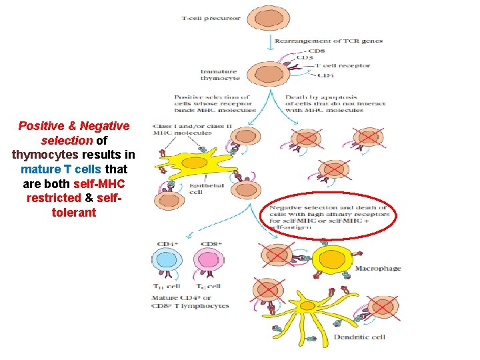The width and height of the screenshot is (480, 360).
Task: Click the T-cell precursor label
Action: pos(211,18)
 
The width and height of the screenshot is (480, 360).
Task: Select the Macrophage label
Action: pos(377,269)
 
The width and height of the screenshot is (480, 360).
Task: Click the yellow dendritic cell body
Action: pos(307,305)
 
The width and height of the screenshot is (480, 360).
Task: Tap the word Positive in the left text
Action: pos(40,125)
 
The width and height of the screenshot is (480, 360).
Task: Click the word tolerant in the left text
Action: pos(73,213)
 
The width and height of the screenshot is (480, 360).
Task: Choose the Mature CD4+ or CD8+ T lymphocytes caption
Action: pos(190,302)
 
